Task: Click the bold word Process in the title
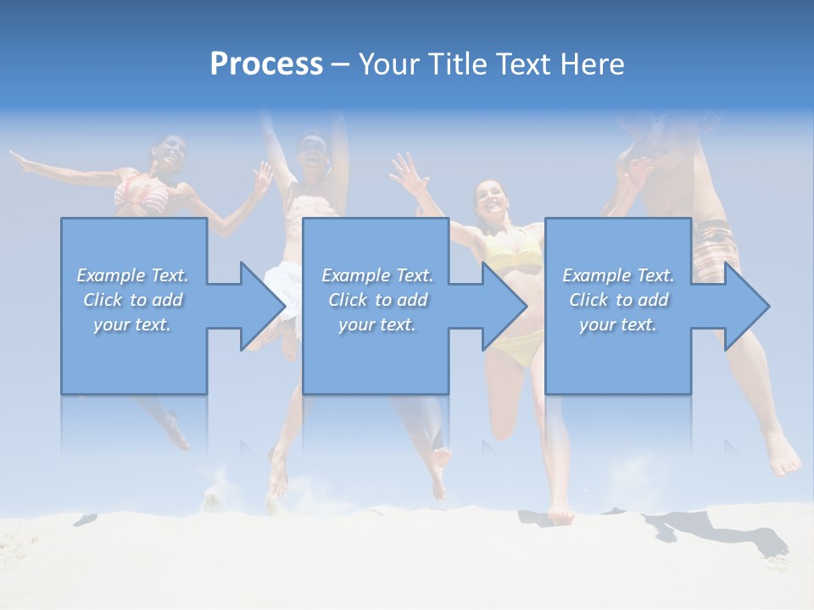(x=266, y=64)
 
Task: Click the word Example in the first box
(x=111, y=275)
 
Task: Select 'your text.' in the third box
(x=617, y=324)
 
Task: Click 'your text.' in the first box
(x=132, y=324)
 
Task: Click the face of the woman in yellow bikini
(x=492, y=200)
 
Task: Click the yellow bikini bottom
(x=524, y=347)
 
